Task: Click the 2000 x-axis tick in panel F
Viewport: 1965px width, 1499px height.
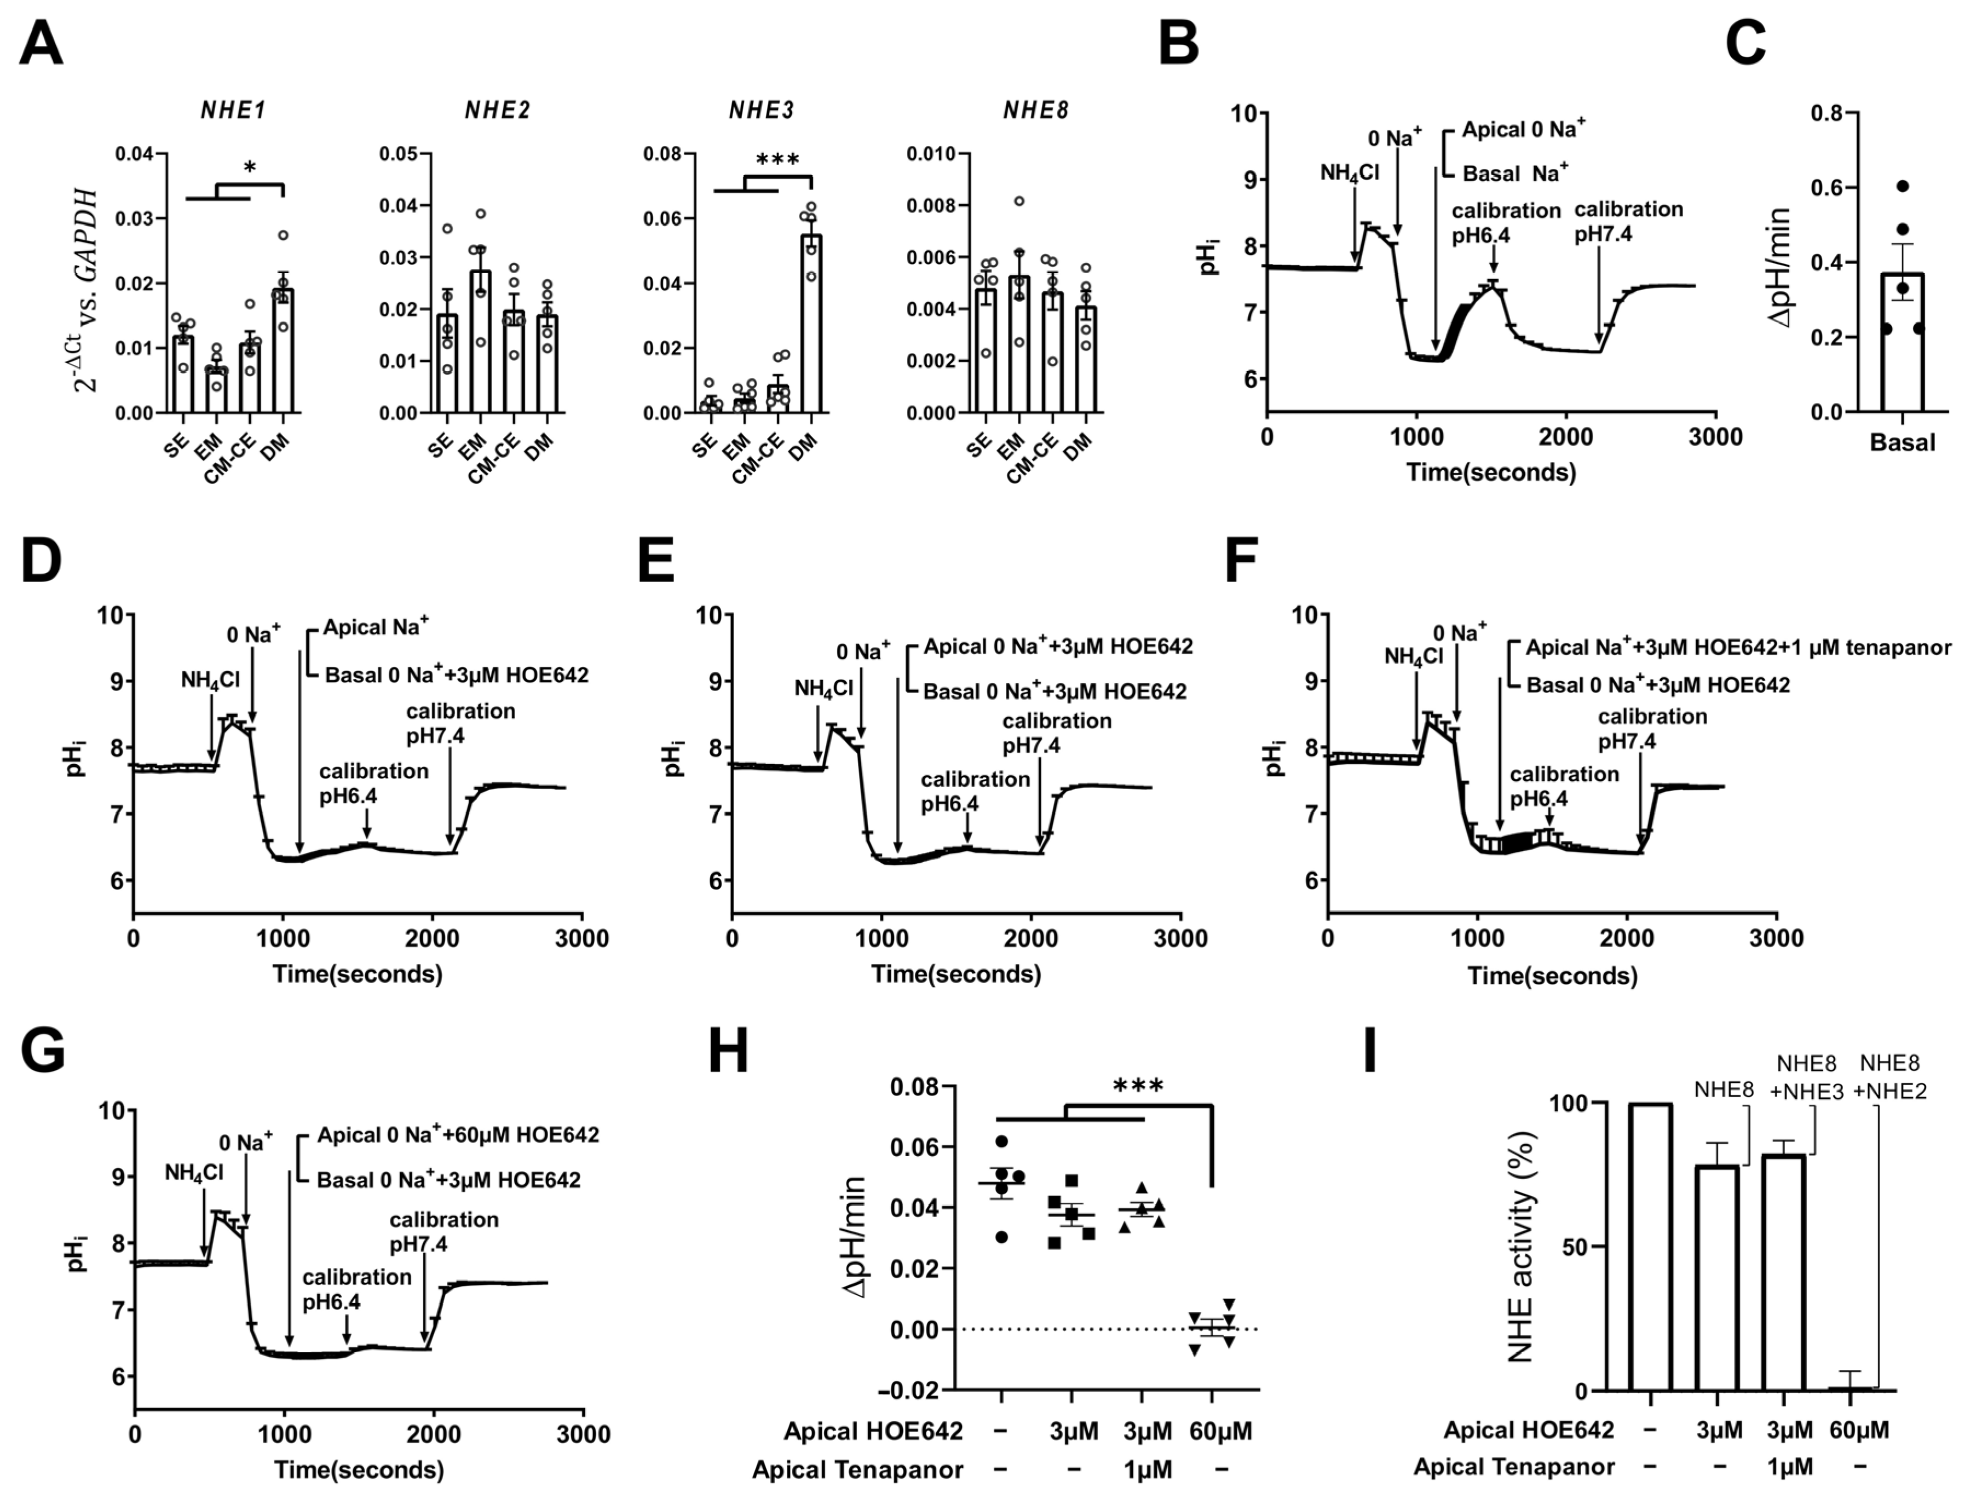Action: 1628,939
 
